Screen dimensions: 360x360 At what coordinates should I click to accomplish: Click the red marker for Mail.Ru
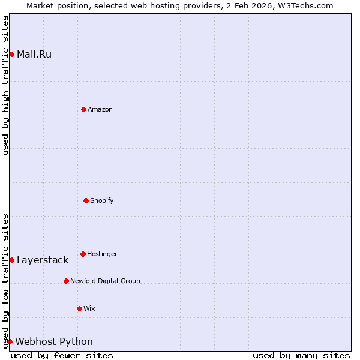pyautogui.click(x=11, y=55)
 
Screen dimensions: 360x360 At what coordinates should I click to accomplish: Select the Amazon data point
pyautogui.click(x=83, y=109)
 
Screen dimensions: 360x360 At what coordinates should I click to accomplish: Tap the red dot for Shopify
pyautogui.click(x=86, y=200)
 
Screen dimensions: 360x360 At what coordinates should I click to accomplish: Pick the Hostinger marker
pyautogui.click(x=83, y=254)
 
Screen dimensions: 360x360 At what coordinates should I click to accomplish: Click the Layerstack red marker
pyautogui.click(x=11, y=260)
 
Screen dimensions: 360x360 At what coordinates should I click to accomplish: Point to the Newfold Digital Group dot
pyautogui.click(x=66, y=281)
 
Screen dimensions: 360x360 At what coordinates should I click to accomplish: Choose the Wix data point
pyautogui.click(x=79, y=308)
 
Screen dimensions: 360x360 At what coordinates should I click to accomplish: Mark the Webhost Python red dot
pyautogui.click(x=10, y=341)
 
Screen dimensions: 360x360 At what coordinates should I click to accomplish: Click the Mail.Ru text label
pyautogui.click(x=34, y=55)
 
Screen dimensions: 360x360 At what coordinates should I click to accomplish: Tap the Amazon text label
pyautogui.click(x=100, y=109)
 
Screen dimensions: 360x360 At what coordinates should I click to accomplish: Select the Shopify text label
pyautogui.click(x=102, y=200)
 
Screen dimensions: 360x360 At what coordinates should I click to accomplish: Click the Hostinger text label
pyautogui.click(x=102, y=254)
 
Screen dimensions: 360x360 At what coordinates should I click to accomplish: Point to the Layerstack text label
pyautogui.click(x=43, y=260)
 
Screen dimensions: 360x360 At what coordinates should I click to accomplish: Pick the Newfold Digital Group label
pyautogui.click(x=105, y=281)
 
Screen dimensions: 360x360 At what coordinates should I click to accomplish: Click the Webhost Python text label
pyautogui.click(x=54, y=341)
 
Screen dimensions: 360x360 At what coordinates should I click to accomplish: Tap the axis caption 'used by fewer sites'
pyautogui.click(x=62, y=355)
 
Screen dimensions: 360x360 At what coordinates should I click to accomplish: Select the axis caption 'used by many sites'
pyautogui.click(x=301, y=355)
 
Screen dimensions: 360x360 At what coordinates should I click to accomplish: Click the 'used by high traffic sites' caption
pyautogui.click(x=5, y=85)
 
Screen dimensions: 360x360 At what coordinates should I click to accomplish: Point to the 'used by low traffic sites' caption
pyautogui.click(x=5, y=281)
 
